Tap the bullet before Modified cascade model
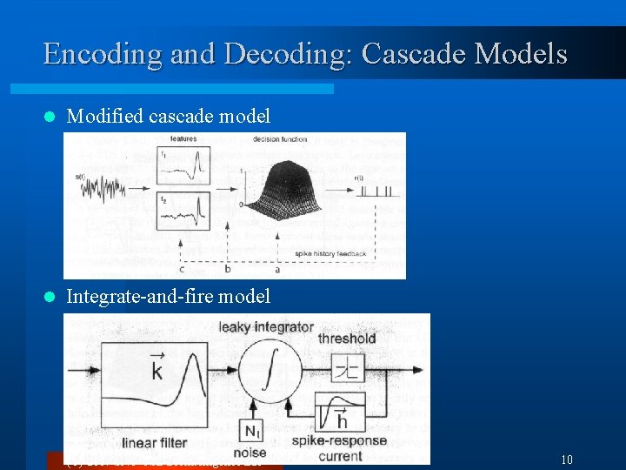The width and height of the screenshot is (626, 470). pyautogui.click(x=50, y=116)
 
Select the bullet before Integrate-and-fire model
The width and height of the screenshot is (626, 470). pyautogui.click(x=50, y=297)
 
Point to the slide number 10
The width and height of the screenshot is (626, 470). pyautogui.click(x=567, y=459)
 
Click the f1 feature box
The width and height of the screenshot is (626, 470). pyautogui.click(x=183, y=164)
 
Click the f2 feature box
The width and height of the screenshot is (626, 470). pyautogui.click(x=183, y=211)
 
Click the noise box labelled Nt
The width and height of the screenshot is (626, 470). pyautogui.click(x=250, y=430)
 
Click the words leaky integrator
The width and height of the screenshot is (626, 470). pyautogui.click(x=266, y=327)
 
